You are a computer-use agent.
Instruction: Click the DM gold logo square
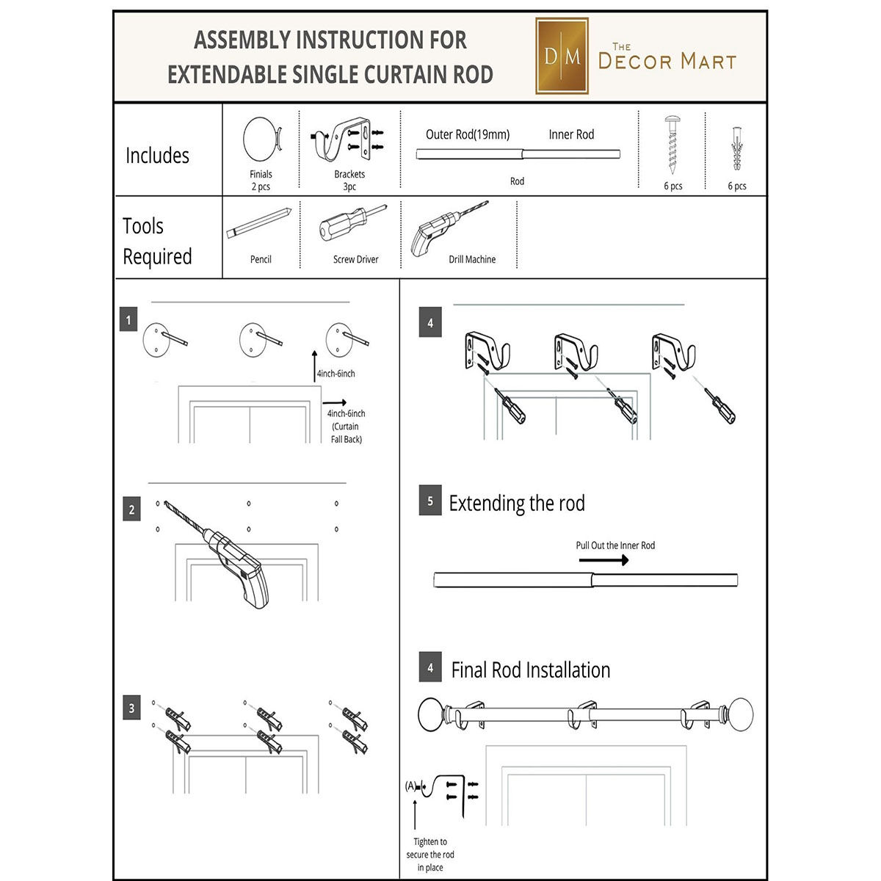coord(562,57)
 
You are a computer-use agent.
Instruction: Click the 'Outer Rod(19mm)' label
coord(468,134)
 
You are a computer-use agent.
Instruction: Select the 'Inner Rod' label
coord(571,134)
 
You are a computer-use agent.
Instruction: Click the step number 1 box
coord(128,320)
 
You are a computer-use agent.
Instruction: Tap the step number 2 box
coord(131,510)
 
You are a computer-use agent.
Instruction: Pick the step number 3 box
coord(131,708)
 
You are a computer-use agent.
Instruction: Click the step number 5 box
coord(430,501)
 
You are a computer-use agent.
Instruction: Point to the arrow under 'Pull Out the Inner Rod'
coord(604,560)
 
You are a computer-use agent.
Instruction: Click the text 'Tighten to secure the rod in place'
coord(430,855)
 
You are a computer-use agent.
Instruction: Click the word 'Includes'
coord(157,156)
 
